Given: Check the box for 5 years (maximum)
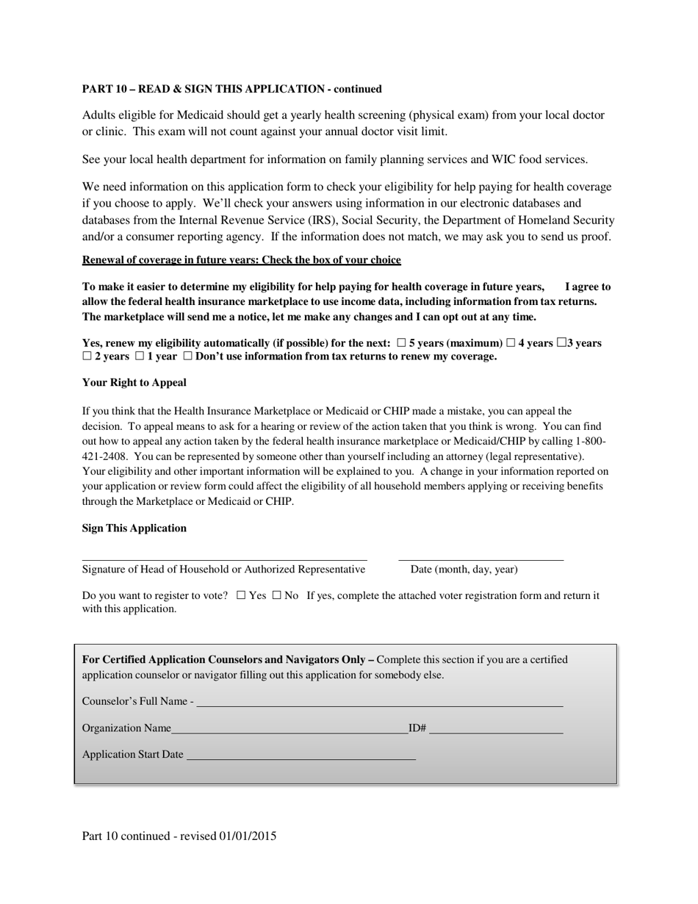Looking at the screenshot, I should pos(401,343).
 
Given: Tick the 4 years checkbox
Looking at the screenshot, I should pos(511,343).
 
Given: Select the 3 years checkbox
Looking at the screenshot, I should pos(562,342).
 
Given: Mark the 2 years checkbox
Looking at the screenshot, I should pos(87,356).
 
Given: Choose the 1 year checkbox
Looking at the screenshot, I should pos(139,356).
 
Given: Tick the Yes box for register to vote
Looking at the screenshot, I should pos(241,596).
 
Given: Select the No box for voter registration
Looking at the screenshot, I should pos(276,596).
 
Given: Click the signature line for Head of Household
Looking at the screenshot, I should pos(224,555).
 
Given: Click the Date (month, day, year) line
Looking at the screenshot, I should pos(481,555).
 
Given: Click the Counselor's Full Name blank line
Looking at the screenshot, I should pos(379,701).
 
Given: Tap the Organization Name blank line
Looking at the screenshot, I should pos(289,728).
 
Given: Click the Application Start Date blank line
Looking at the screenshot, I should pos(301,755).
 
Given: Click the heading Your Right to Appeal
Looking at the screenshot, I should pos(134,383).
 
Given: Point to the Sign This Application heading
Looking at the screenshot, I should pos(134,528).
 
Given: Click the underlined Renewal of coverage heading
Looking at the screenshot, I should pos(241,260).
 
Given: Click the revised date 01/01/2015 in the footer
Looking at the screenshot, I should pos(248,836).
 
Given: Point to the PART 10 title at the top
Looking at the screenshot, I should pos(231,89).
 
